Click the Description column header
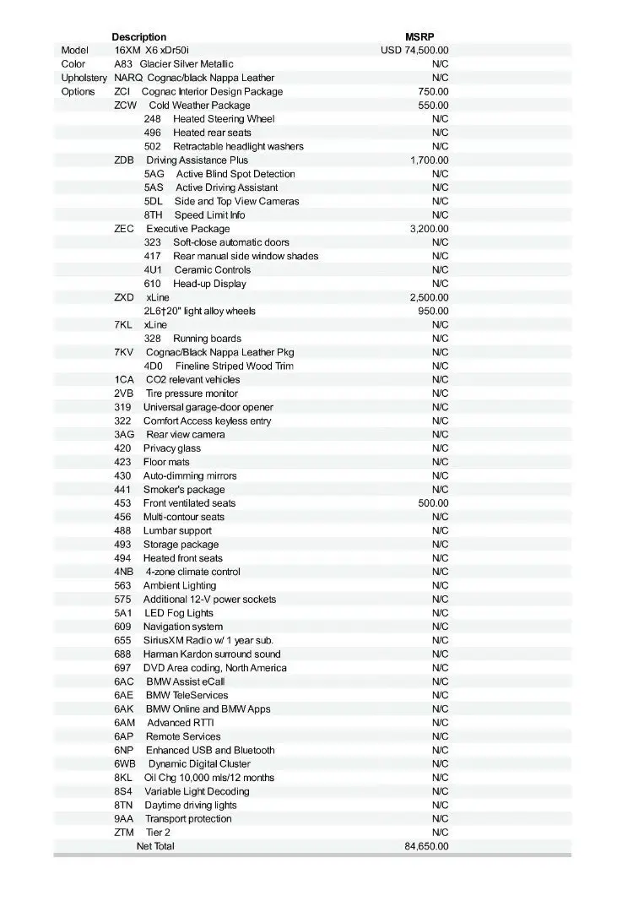click(138, 36)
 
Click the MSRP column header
click(419, 36)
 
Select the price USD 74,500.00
click(414, 51)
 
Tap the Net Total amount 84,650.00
click(426, 846)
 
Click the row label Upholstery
click(84, 78)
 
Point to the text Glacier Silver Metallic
click(186, 64)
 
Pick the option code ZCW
click(125, 106)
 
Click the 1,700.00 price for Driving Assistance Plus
click(429, 160)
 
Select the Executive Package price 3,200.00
click(429, 229)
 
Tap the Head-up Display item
click(209, 284)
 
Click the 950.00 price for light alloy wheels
click(434, 311)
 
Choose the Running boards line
click(207, 339)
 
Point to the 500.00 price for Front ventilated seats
click(434, 503)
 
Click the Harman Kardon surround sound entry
click(212, 654)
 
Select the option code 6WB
click(123, 763)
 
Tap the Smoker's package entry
click(184, 490)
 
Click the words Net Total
click(155, 846)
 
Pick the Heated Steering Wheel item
click(224, 119)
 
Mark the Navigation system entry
click(183, 627)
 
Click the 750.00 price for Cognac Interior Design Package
click(434, 91)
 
